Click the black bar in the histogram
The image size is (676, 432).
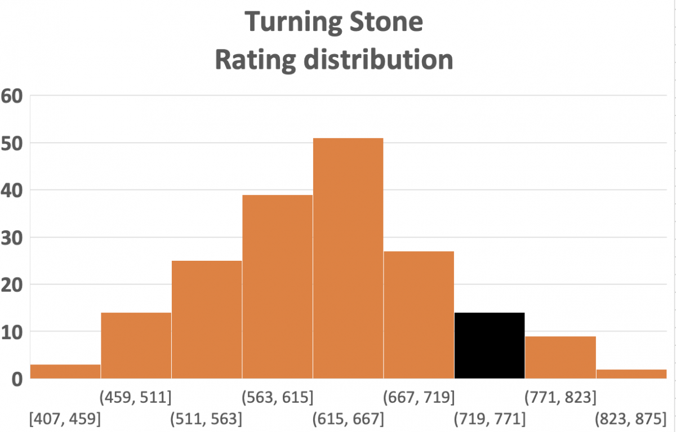point(490,345)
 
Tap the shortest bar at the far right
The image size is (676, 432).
point(631,373)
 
